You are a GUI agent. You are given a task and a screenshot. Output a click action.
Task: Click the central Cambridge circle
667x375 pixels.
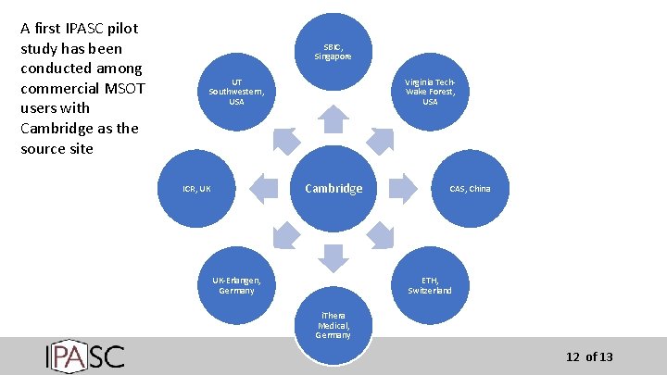coord(333,188)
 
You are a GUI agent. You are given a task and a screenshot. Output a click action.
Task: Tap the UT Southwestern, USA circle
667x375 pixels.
coord(237,92)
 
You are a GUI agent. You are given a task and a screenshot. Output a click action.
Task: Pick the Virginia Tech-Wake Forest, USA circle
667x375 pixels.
coord(430,92)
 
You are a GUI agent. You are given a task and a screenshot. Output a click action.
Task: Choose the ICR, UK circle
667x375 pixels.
coord(197,189)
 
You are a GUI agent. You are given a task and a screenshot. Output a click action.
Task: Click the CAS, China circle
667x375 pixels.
coord(470,189)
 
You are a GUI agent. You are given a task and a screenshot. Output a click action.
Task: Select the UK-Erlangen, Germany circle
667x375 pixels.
coord(237,285)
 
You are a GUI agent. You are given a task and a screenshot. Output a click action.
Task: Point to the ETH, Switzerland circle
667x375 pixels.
coord(430,285)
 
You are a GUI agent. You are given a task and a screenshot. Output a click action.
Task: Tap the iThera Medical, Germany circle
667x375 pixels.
coord(333,326)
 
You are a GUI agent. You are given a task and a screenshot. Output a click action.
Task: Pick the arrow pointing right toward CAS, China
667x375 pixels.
coord(402,188)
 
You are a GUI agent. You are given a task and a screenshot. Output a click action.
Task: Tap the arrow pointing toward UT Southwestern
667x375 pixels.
coord(285,140)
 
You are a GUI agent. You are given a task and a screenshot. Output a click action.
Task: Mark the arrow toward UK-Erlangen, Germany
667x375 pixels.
coord(285,236)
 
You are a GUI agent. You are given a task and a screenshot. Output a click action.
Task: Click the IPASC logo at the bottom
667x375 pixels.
coord(84,356)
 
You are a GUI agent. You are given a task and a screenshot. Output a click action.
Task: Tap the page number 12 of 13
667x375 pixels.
coord(589,357)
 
